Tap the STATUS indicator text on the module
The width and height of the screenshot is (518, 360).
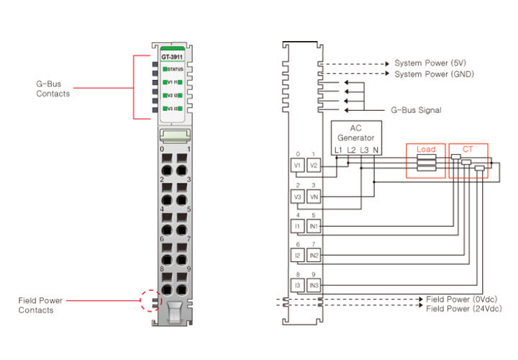pyautogui.click(x=175, y=69)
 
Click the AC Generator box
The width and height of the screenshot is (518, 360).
pyautogui.click(x=357, y=132)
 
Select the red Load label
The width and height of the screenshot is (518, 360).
pyautogui.click(x=426, y=149)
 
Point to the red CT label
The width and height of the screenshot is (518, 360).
pyautogui.click(x=468, y=149)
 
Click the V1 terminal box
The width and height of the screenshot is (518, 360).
pyautogui.click(x=297, y=165)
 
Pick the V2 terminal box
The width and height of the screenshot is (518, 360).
pyautogui.click(x=314, y=165)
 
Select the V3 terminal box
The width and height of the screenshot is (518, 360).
pyautogui.click(x=297, y=196)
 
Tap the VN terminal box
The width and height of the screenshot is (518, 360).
pyautogui.click(x=314, y=196)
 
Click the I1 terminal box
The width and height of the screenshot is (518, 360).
pyautogui.click(x=297, y=226)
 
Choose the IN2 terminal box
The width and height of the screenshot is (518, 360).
pyautogui.click(x=314, y=256)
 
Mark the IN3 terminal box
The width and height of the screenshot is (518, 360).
pyautogui.click(x=314, y=286)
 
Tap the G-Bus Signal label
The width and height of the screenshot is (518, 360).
pyautogui.click(x=416, y=110)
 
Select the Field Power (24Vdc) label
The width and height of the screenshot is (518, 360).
pyautogui.click(x=464, y=308)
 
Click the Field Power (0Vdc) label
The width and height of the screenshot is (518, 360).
pyautogui.click(x=462, y=298)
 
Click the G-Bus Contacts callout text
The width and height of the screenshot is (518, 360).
pyautogui.click(x=53, y=89)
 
